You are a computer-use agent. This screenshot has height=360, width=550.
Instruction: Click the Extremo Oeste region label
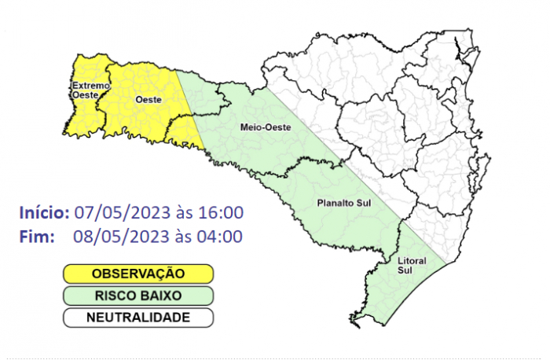[84, 90]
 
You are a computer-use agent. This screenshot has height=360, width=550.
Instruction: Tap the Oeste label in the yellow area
[144, 100]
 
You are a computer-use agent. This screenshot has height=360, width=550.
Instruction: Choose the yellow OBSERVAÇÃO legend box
[138, 274]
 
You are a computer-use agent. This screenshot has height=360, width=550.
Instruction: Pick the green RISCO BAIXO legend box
[138, 296]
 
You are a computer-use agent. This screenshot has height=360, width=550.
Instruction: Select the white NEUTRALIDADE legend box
[138, 318]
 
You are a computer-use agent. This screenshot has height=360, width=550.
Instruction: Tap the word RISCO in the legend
[115, 296]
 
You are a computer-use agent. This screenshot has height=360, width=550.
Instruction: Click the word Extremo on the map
[84, 85]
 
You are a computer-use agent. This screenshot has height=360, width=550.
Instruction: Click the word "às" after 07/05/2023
[180, 213]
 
